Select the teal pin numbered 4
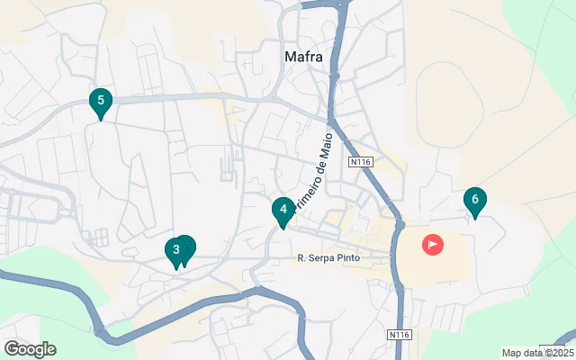pos(283,211)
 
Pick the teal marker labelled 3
pos(176,250)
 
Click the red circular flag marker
pos(433,244)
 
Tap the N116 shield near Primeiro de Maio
pos(360,162)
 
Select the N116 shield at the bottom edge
pos(400,335)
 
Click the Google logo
pos(30,349)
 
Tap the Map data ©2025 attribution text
pos(537,353)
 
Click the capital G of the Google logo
pos(11,349)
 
